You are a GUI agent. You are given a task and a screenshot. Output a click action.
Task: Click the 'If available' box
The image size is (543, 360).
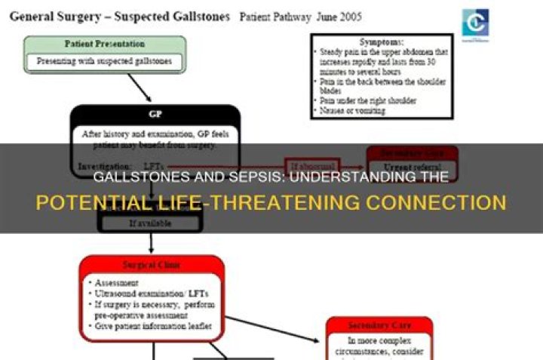coord(151,223)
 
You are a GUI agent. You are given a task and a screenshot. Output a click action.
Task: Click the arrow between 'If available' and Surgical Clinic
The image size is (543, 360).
coord(152,242)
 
